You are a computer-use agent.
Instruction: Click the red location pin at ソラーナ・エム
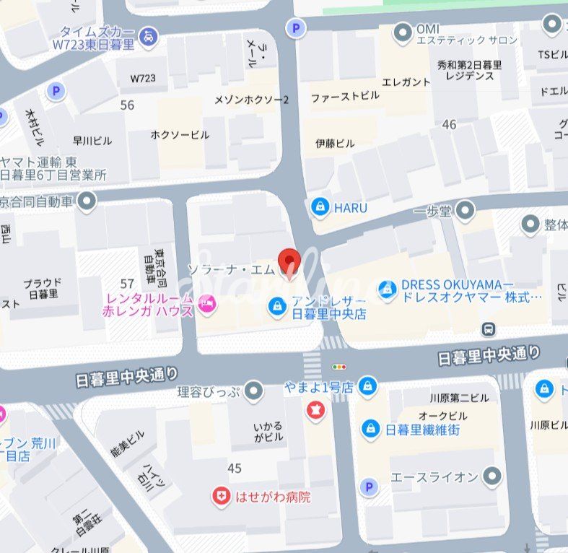(289, 262)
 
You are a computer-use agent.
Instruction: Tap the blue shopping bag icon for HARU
(320, 208)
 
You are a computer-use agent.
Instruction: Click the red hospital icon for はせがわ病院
(220, 496)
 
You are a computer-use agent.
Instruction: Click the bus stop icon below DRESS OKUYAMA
(489, 329)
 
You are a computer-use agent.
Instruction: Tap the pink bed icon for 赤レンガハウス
(208, 304)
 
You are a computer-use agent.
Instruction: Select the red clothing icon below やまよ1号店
(315, 411)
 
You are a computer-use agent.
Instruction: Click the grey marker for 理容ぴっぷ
(253, 391)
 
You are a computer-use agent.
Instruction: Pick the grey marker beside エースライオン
(492, 476)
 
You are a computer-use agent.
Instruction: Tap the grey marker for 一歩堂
(466, 210)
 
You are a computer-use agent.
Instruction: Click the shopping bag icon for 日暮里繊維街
(371, 428)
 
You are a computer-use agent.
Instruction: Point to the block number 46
(449, 125)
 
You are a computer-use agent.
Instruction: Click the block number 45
(234, 469)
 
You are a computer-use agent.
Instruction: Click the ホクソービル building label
(180, 135)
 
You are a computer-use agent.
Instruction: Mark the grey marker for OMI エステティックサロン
(403, 32)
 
